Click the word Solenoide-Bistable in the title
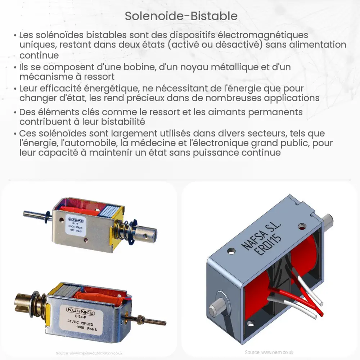[181, 16]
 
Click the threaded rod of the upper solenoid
[34, 214]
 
